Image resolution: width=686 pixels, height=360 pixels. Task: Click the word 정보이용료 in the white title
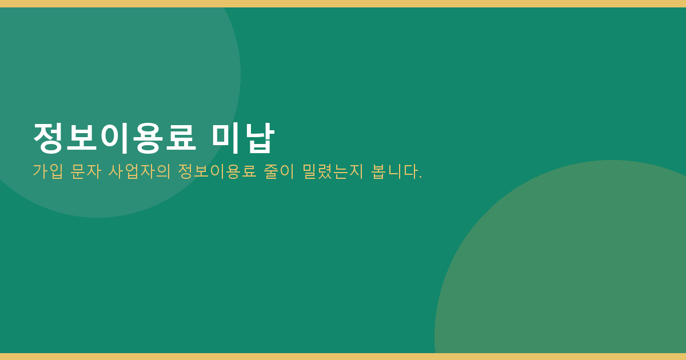pyautogui.click(x=114, y=138)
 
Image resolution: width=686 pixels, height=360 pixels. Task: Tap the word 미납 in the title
pyautogui.click(x=243, y=138)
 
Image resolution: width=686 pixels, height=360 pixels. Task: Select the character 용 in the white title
pyautogui.click(x=147, y=138)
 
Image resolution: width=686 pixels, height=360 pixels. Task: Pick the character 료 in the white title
pyautogui.click(x=181, y=138)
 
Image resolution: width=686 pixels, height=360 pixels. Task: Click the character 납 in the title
pyautogui.click(x=260, y=138)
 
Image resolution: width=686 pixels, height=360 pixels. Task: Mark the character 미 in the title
pyautogui.click(x=226, y=138)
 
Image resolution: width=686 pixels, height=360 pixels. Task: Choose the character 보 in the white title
pyautogui.click(x=81, y=138)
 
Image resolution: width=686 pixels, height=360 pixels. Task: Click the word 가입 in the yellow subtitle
pyautogui.click(x=48, y=171)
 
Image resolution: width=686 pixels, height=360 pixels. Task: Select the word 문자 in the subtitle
pyautogui.click(x=86, y=171)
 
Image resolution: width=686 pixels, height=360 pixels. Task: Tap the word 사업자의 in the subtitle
pyautogui.click(x=139, y=171)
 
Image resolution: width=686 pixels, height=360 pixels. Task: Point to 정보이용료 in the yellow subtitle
pyautogui.click(x=217, y=171)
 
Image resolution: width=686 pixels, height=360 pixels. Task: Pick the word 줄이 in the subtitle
pyautogui.click(x=279, y=171)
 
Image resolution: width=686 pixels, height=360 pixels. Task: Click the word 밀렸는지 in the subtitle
pyautogui.click(x=333, y=171)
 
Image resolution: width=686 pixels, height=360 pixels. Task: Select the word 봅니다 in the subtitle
pyautogui.click(x=394, y=171)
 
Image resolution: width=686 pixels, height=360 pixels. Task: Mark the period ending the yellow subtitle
pyautogui.click(x=421, y=177)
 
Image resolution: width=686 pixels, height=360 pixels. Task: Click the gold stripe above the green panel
pyautogui.click(x=343, y=3)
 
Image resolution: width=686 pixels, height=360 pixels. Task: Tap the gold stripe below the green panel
pyautogui.click(x=343, y=357)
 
